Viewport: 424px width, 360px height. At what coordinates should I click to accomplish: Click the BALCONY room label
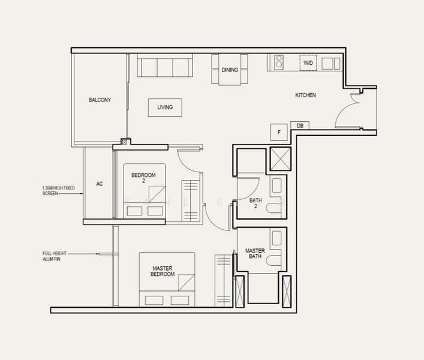pos(100,100)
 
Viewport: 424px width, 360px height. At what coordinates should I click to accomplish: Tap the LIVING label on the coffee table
pos(165,107)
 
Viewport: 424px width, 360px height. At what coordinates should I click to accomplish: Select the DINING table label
pos(230,70)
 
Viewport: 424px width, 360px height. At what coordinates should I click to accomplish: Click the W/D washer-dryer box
pos(308,63)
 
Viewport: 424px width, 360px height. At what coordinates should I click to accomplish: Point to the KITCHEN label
pos(305,95)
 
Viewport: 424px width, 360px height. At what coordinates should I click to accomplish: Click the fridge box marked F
pos(279,132)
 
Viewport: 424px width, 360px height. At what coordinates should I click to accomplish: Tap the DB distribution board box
pos(300,125)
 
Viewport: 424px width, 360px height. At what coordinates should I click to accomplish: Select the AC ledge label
pos(100,184)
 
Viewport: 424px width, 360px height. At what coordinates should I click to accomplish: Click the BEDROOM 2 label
pos(143,178)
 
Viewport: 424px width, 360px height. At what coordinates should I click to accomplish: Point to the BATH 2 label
pos(255,203)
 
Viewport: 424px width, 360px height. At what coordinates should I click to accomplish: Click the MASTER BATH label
pos(255,253)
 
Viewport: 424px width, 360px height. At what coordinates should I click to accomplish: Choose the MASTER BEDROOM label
pos(163,271)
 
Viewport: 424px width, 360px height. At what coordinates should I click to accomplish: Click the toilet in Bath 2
pos(273,209)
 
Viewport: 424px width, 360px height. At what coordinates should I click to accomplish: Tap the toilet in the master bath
pos(273,261)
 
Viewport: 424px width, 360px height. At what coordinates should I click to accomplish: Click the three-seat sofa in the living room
pos(165,65)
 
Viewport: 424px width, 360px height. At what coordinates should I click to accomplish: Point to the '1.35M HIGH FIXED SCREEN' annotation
pos(58,190)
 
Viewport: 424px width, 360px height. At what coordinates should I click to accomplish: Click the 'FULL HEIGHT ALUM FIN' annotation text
pos(55,256)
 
